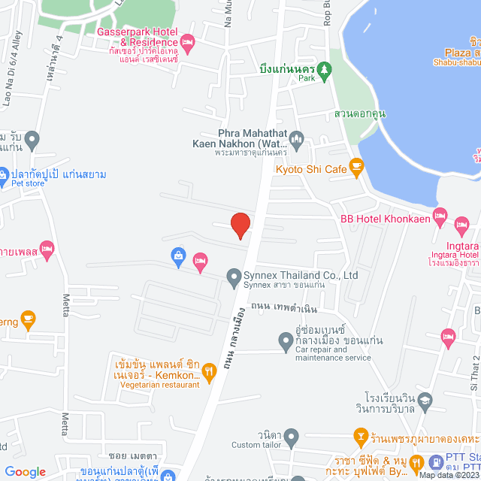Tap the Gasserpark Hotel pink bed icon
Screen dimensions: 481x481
click(187, 41)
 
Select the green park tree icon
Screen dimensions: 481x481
click(325, 68)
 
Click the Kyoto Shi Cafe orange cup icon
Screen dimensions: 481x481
click(357, 170)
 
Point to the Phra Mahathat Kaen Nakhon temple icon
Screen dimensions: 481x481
click(297, 139)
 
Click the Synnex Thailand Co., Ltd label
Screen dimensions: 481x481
click(301, 275)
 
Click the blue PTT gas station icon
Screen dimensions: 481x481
click(437, 462)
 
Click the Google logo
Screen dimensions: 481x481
click(26, 471)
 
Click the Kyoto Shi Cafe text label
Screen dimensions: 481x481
click(311, 170)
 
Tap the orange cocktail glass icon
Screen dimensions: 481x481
click(362, 435)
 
